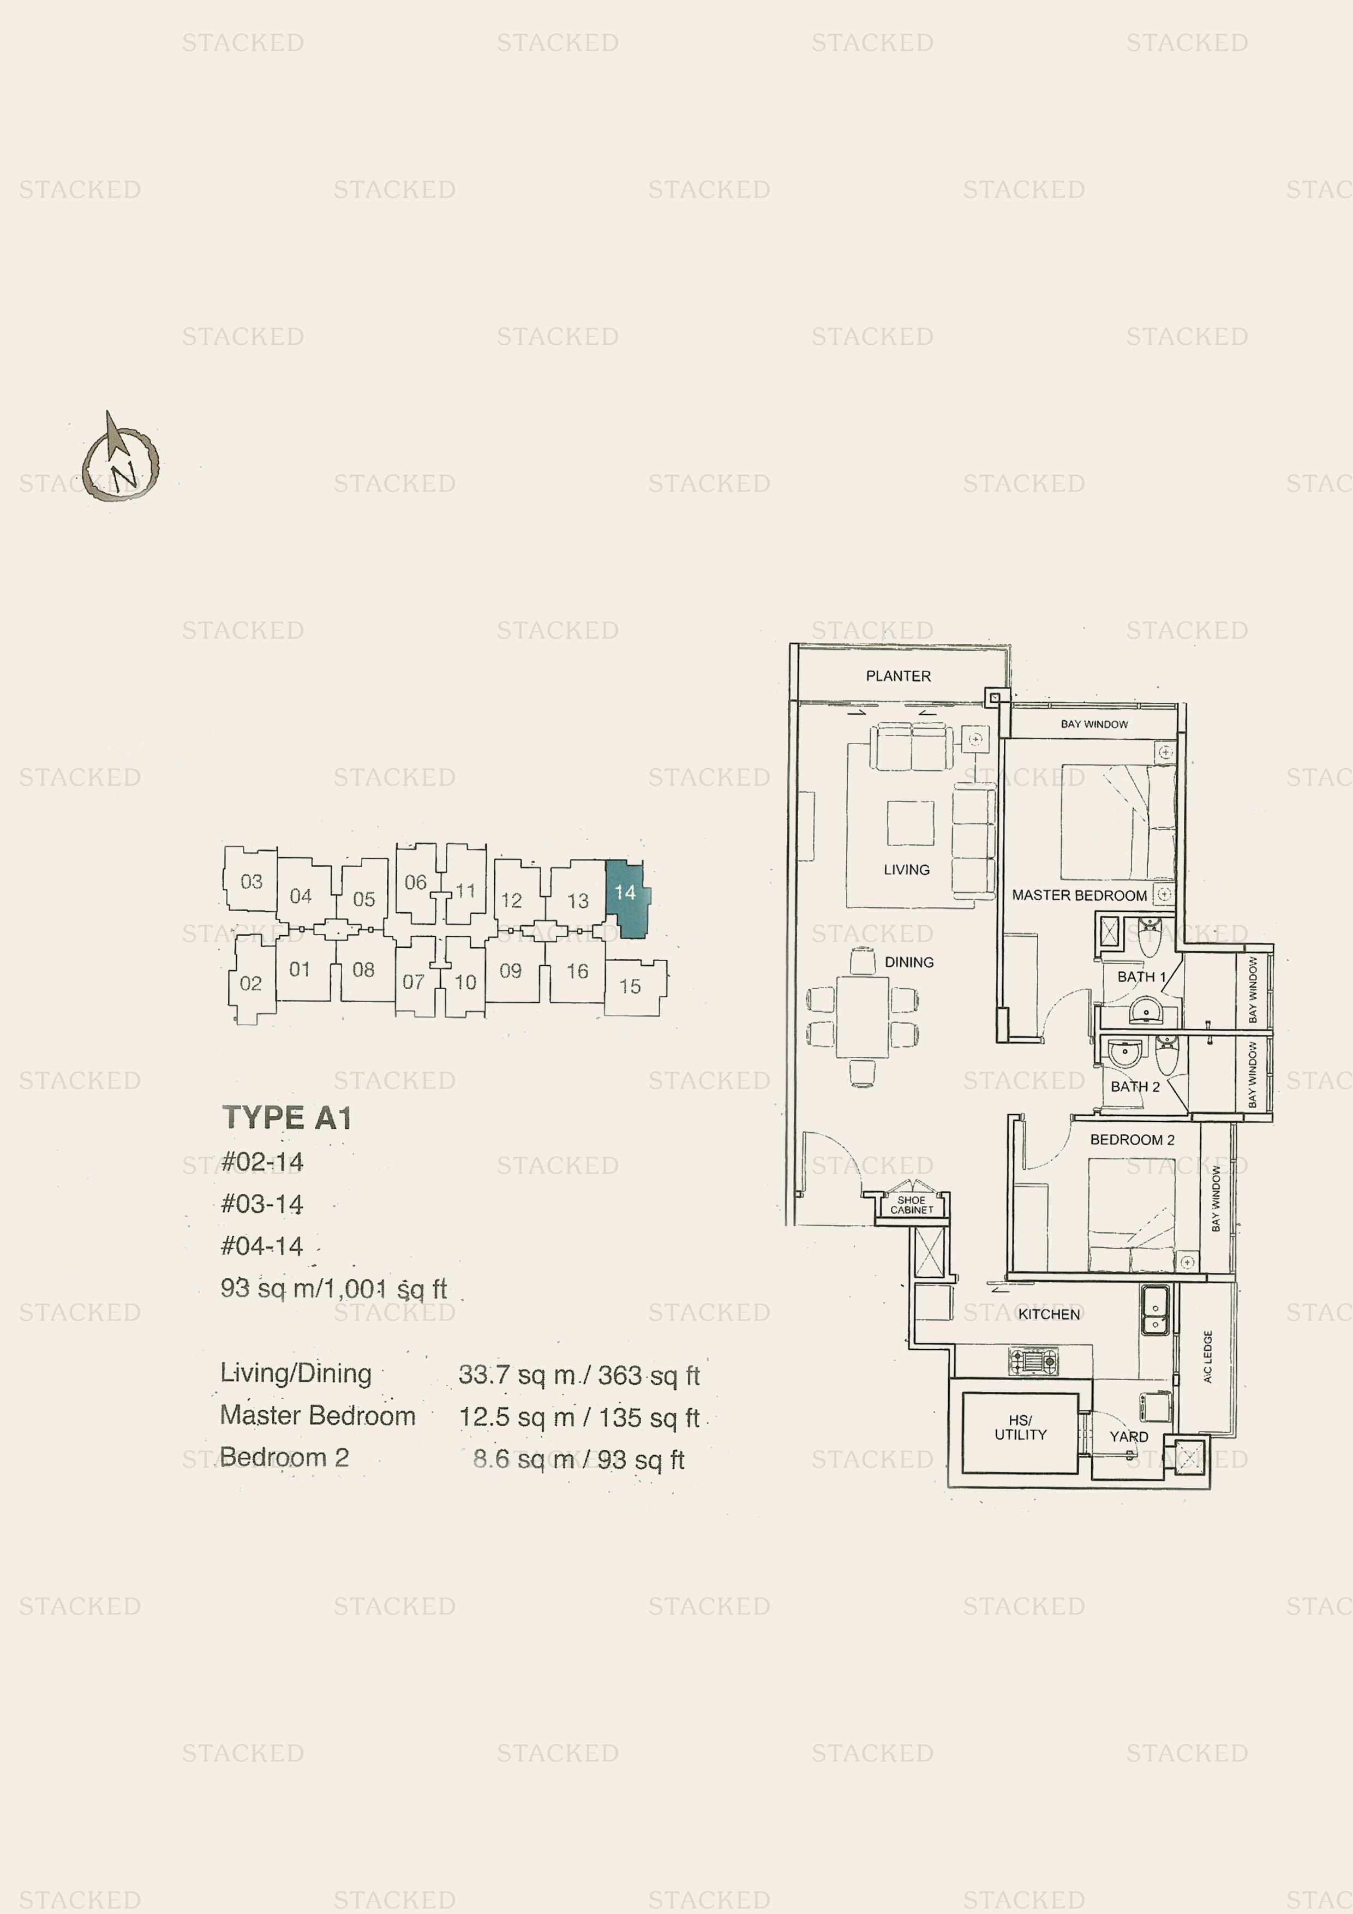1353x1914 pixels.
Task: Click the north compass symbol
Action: (x=121, y=458)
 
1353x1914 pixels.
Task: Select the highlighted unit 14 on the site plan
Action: (x=627, y=898)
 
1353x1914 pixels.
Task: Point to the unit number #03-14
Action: (x=262, y=1204)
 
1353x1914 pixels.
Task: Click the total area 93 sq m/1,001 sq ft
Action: (x=333, y=1289)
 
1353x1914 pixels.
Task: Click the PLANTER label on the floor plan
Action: (x=898, y=676)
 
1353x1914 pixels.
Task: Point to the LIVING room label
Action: (x=906, y=870)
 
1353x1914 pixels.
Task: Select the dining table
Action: (x=863, y=1016)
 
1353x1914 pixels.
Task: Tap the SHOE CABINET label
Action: (x=911, y=1205)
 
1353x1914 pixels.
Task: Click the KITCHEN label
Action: (x=1049, y=1314)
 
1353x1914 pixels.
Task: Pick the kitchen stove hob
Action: (x=1033, y=1361)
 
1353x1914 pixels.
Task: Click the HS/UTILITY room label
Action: (x=1020, y=1427)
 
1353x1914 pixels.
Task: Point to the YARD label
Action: (x=1129, y=1437)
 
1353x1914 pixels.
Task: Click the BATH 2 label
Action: (x=1135, y=1086)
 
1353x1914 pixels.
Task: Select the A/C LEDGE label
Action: (x=1207, y=1356)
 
